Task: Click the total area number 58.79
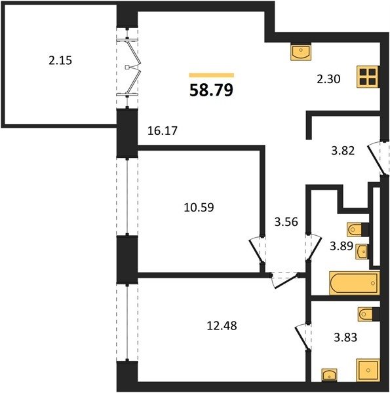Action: tap(211, 90)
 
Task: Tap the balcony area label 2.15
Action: tap(60, 60)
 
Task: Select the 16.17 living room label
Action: tap(163, 130)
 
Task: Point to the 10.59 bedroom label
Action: tap(199, 207)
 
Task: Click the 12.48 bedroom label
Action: tap(222, 326)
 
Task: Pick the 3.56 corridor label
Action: tap(286, 222)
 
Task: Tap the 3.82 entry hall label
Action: tap(343, 151)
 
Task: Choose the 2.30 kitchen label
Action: tap(328, 79)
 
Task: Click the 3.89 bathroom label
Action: tap(341, 246)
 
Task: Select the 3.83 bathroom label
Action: tap(345, 337)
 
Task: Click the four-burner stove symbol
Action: tap(368, 77)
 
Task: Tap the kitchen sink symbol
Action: tap(301, 52)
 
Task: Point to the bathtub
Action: tap(354, 283)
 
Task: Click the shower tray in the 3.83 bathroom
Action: tap(368, 370)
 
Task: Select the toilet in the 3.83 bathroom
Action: tap(368, 314)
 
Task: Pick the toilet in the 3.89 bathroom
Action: tap(358, 229)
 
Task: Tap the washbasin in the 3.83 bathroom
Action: tap(329, 375)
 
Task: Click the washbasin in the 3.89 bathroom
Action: tap(362, 251)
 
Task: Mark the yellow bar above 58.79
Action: tap(212, 75)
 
